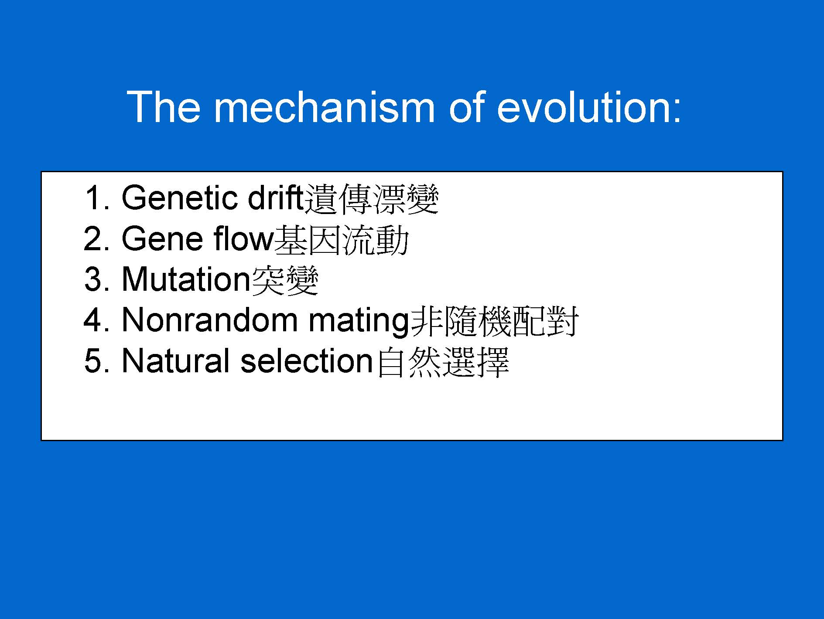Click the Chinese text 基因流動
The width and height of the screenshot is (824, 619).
click(342, 240)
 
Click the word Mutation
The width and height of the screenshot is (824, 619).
click(186, 279)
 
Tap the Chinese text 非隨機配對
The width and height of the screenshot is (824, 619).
click(494, 321)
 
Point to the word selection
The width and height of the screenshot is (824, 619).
click(307, 361)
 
